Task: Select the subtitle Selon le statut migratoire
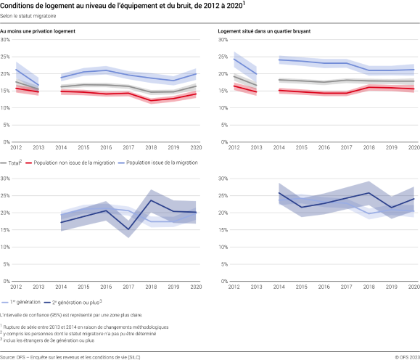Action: coord(30,16)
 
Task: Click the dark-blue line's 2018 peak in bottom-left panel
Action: coord(151,200)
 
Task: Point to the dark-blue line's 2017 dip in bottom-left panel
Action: coord(128,229)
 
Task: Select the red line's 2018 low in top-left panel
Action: coord(151,101)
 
